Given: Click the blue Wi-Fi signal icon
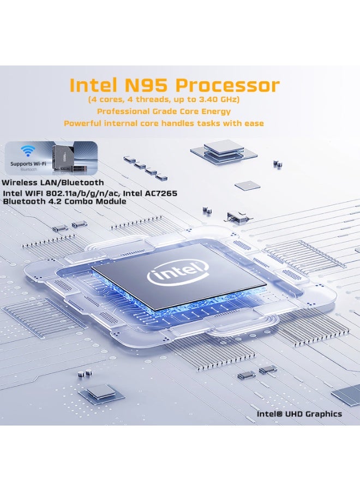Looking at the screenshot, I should (x=26, y=151).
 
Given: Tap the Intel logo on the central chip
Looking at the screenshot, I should (x=177, y=271).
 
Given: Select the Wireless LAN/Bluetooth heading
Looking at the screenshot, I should (x=53, y=182).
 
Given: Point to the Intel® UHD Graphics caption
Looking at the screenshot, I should (x=299, y=414).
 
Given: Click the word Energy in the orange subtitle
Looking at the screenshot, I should (x=216, y=111).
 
